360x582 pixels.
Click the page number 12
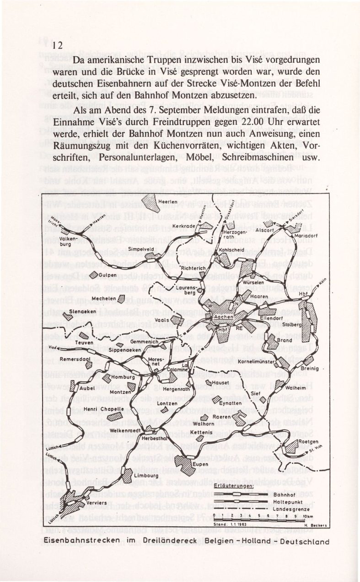(x=57, y=45)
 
